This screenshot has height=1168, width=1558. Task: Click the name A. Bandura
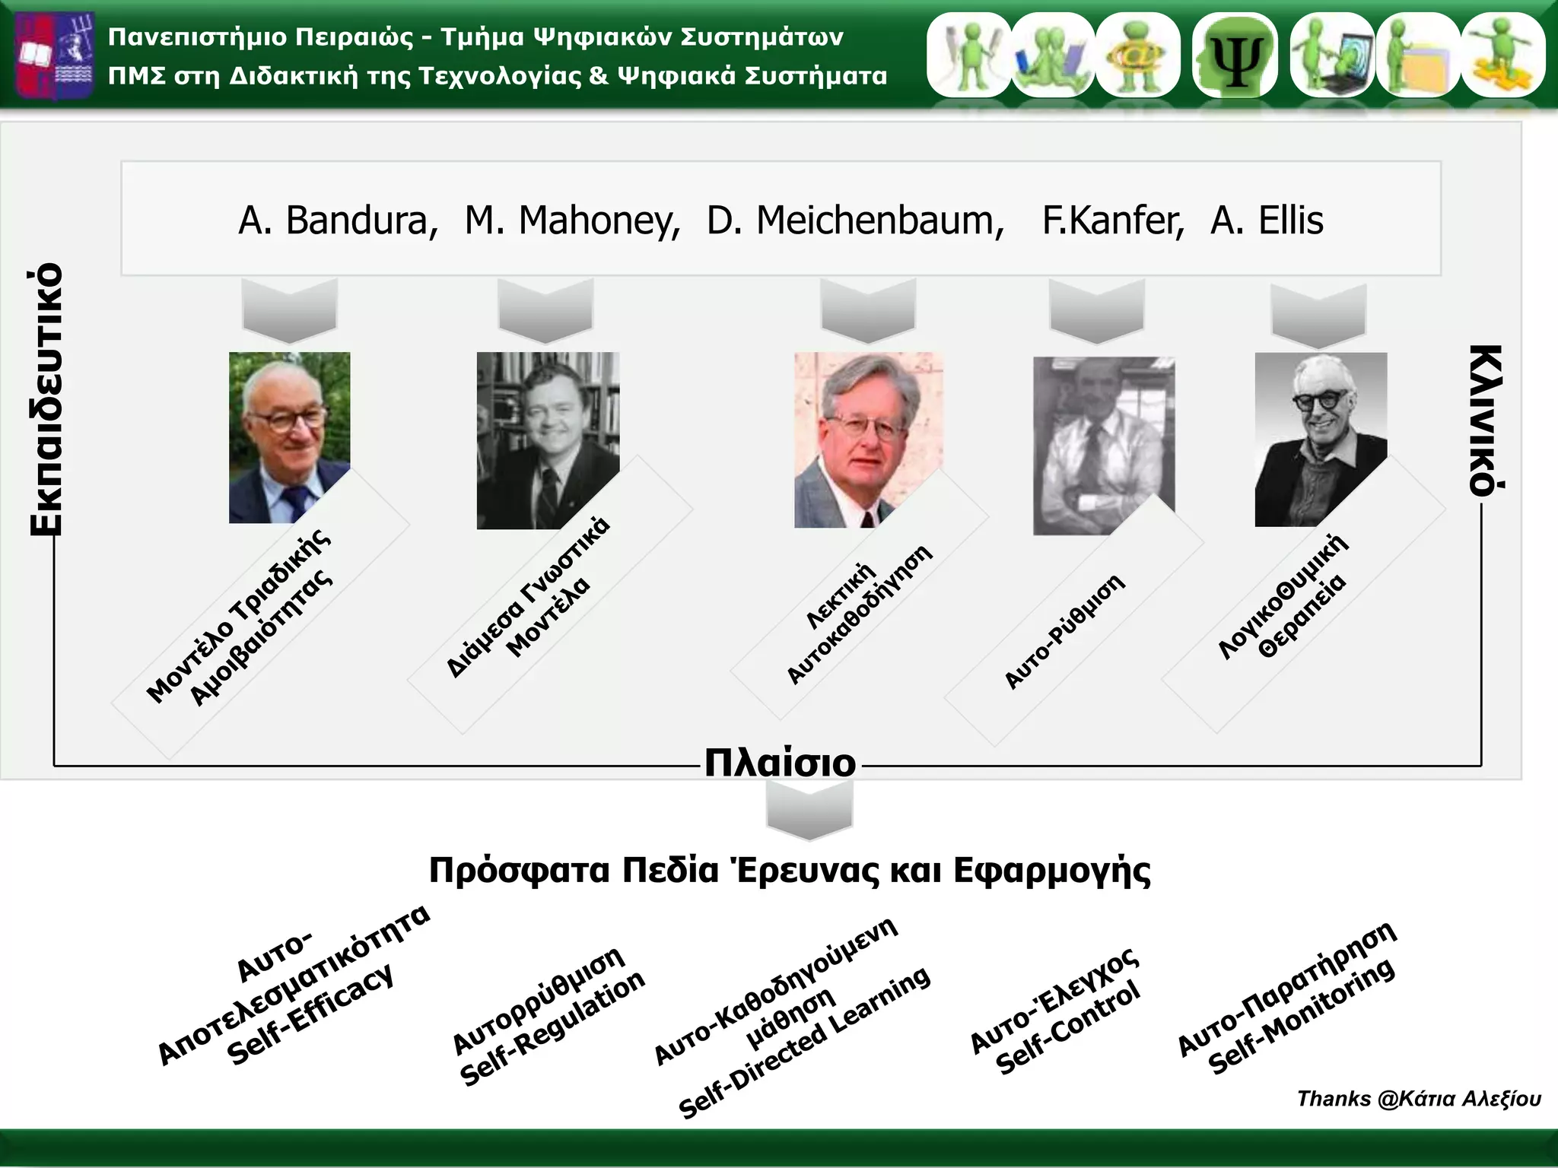click(338, 221)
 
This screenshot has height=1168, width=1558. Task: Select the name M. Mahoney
click(572, 221)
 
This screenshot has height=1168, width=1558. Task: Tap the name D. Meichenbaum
click(855, 221)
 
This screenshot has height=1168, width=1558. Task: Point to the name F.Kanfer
click(1112, 221)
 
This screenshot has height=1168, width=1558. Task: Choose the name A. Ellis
click(1267, 221)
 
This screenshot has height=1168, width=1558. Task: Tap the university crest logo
click(55, 56)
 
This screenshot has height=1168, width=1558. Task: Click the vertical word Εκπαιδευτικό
click(46, 399)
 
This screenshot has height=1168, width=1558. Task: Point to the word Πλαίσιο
click(780, 763)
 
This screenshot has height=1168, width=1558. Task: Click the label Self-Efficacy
click(312, 1015)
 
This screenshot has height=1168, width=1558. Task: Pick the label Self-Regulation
click(554, 1029)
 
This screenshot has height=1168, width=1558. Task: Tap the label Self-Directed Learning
click(805, 1042)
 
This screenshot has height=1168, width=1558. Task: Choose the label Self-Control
click(1069, 1027)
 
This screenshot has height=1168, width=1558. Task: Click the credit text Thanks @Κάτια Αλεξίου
click(1418, 1099)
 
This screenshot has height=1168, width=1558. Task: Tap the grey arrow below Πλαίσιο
click(809, 811)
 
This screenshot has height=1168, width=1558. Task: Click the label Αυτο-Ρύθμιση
click(1064, 632)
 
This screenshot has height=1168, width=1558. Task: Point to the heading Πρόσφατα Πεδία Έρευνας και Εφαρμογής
click(790, 871)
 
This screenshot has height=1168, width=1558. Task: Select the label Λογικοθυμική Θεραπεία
click(1283, 597)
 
